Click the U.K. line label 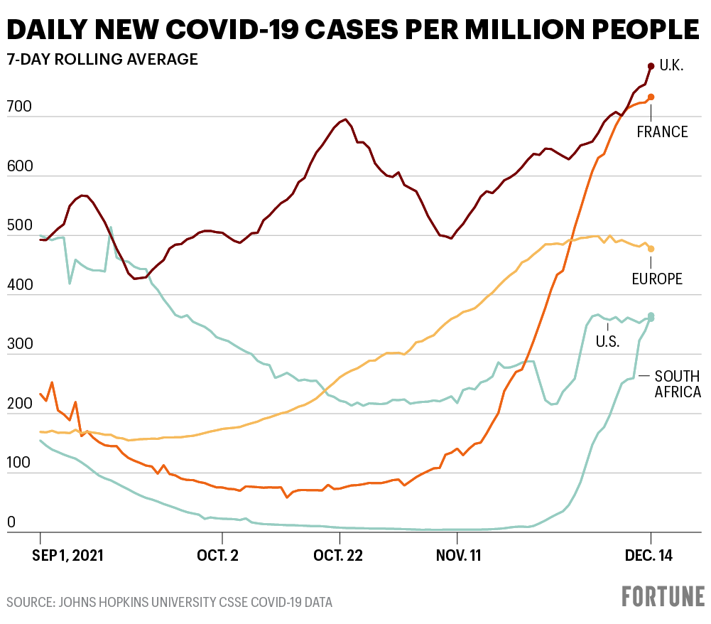(x=672, y=66)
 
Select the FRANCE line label (x=662, y=131)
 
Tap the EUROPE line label (x=657, y=279)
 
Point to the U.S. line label (x=608, y=341)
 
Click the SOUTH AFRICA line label (x=677, y=384)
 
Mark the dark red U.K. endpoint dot (x=651, y=66)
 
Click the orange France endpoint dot (x=651, y=97)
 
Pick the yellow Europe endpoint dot (x=651, y=249)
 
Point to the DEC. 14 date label (x=649, y=554)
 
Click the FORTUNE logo (x=663, y=596)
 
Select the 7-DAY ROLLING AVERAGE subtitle (x=102, y=60)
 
